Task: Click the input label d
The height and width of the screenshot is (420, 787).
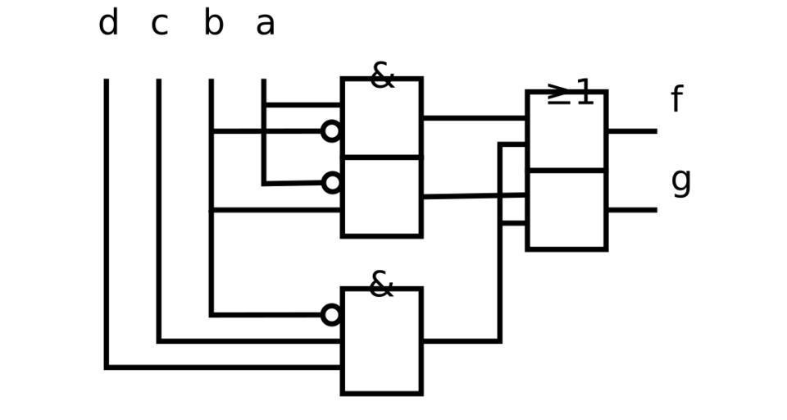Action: [108, 24]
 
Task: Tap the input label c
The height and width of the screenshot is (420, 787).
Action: [159, 24]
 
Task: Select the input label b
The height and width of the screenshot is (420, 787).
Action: [213, 24]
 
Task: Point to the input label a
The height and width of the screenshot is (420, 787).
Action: [265, 24]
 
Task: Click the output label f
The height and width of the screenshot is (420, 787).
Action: [676, 100]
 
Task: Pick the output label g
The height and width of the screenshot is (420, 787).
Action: [680, 180]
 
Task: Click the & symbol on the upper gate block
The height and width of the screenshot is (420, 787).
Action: [382, 76]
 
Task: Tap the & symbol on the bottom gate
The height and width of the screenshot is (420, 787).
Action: [381, 285]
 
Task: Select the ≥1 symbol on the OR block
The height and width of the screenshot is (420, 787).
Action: [571, 93]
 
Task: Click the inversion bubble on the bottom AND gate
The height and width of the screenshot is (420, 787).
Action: [331, 315]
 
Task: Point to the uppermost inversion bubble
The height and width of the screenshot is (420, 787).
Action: [331, 131]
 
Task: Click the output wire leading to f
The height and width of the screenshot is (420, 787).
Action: [631, 131]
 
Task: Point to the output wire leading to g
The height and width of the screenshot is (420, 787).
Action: [631, 210]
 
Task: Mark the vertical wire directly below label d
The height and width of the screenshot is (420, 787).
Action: [107, 221]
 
